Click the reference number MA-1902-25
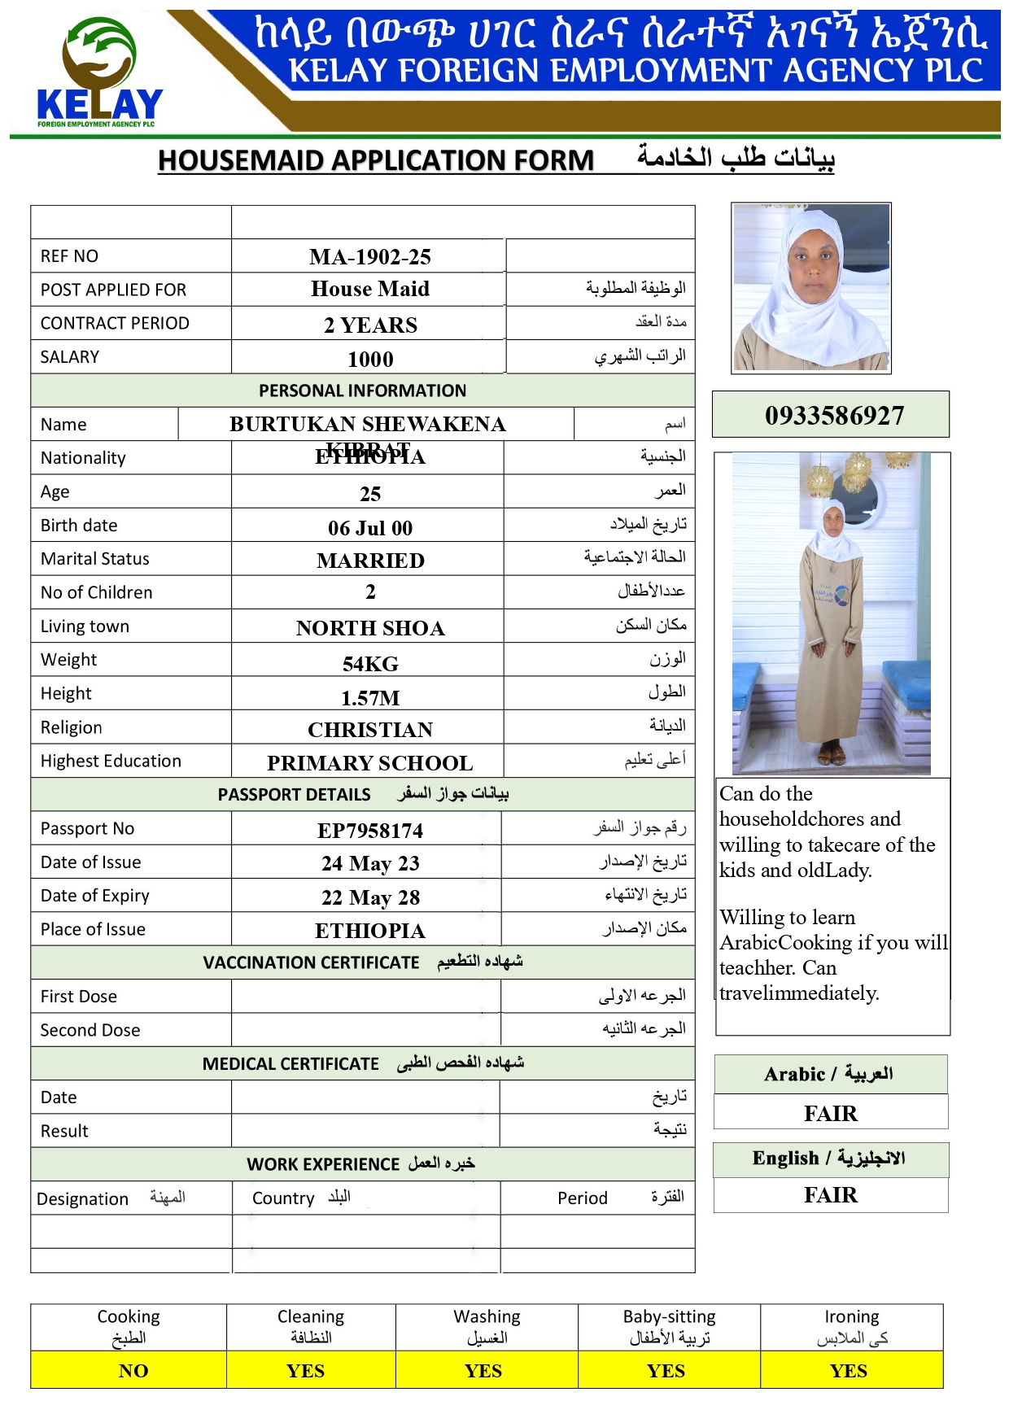tap(370, 257)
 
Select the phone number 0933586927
tap(834, 416)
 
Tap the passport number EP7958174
tap(370, 831)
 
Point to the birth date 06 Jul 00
tap(370, 528)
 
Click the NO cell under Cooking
tap(133, 1371)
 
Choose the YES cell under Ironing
tap(849, 1371)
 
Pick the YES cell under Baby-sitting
tap(666, 1371)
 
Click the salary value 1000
tap(370, 360)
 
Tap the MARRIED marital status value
tap(370, 561)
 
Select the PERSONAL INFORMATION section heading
tap(363, 391)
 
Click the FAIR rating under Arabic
tap(831, 1113)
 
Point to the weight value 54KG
tap(370, 664)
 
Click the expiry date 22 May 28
tap(370, 897)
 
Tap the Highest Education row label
tap(111, 761)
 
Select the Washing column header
tap(487, 1316)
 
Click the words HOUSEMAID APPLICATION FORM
tap(376, 160)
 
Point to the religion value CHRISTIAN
tap(370, 730)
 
